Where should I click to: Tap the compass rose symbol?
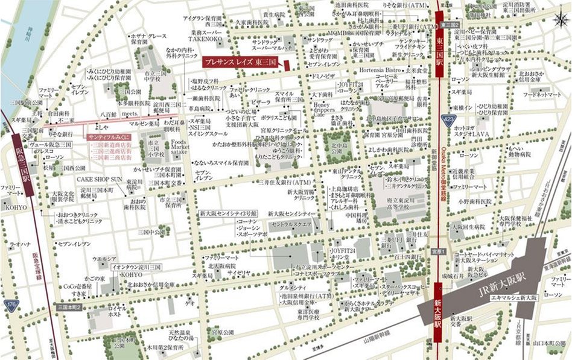click(x=558, y=19)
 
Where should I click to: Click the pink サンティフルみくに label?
click(x=109, y=137)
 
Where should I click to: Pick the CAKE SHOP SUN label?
click(x=100, y=179)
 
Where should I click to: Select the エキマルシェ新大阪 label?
click(x=514, y=298)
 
